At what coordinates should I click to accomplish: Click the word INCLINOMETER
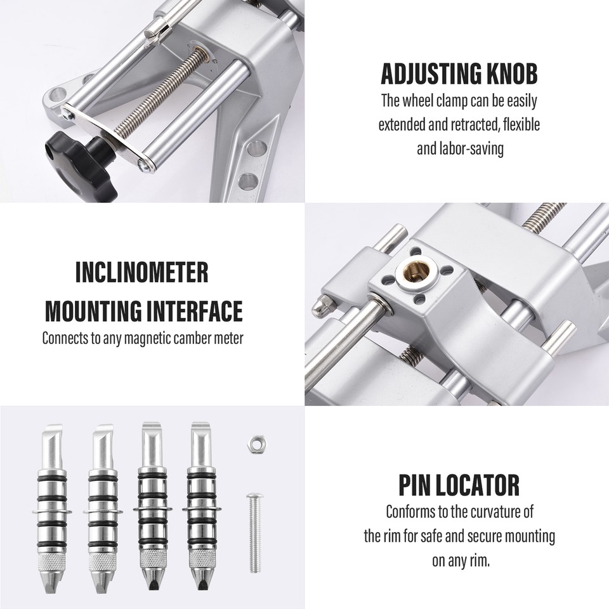141,273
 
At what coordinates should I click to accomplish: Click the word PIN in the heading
414,486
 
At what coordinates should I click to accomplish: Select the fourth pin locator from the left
202,507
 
